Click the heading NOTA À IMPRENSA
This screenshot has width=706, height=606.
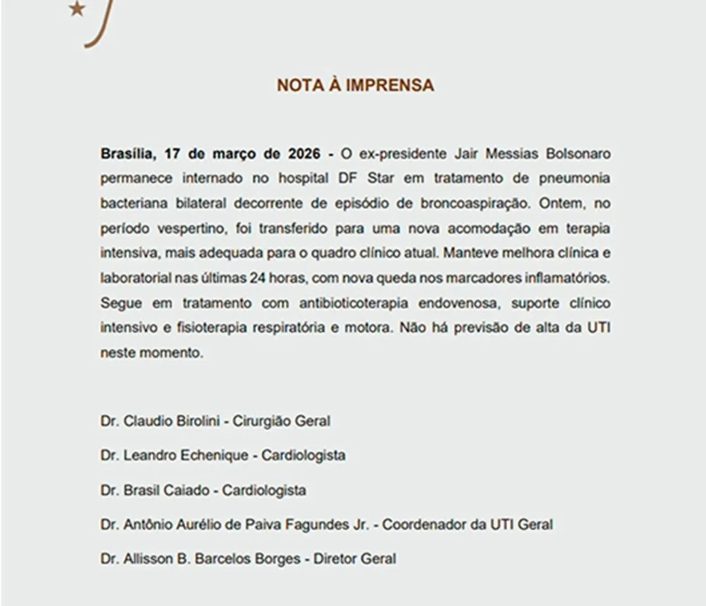click(x=355, y=86)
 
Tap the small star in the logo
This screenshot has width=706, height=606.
click(x=76, y=10)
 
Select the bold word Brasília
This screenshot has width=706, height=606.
click(x=126, y=154)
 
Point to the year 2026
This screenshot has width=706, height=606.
click(x=304, y=154)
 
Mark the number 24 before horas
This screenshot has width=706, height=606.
click(x=257, y=278)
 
